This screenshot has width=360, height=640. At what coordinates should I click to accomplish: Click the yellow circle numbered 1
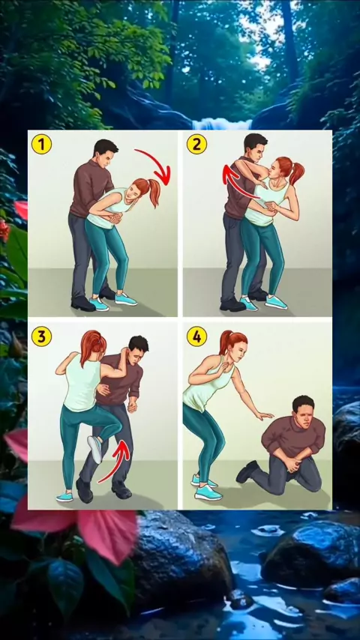click(x=42, y=144)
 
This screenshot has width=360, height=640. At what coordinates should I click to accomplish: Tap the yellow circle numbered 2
click(x=197, y=144)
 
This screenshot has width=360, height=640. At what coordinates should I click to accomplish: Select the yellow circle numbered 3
click(x=42, y=336)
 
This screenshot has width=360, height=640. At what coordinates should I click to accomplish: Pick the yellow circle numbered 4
click(x=197, y=336)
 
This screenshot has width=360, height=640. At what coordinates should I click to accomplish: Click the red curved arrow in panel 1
click(x=158, y=162)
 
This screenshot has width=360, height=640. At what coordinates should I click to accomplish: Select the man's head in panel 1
click(x=105, y=152)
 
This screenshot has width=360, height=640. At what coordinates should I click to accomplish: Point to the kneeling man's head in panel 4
click(x=303, y=409)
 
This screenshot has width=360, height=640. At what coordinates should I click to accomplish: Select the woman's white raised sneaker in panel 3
click(x=94, y=449)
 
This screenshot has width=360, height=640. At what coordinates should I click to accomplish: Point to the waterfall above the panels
click(x=222, y=123)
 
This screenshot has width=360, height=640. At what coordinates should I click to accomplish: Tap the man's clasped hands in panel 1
click(x=115, y=217)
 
